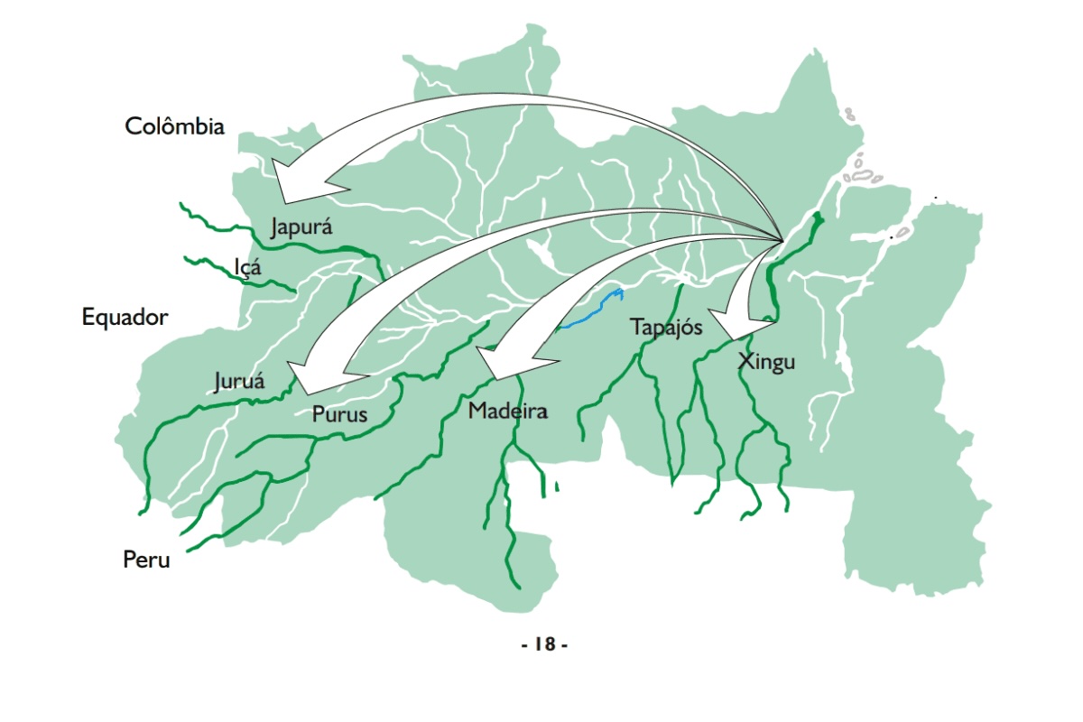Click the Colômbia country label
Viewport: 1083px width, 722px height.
pos(174,126)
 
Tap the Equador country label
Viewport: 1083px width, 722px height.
pos(125,318)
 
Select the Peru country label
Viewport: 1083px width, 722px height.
pos(146,560)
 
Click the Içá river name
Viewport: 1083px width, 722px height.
pos(247,268)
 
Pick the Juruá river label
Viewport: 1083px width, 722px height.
pos(239,381)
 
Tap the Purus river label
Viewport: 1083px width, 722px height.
pos(339,415)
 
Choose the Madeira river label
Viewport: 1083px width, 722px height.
pos(508,412)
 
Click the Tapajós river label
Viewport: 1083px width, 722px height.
pos(666,327)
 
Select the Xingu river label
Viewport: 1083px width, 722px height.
pos(766,363)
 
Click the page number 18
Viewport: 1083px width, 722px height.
pos(544,644)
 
